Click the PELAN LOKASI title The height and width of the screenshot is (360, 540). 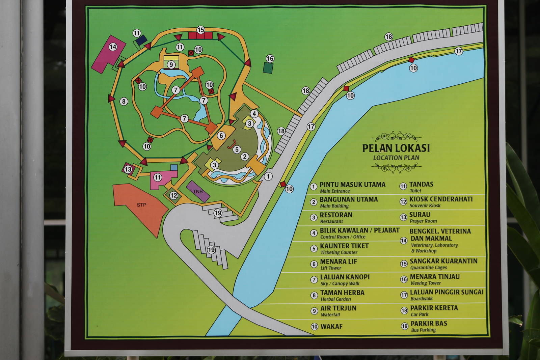pyautogui.click(x=396, y=148)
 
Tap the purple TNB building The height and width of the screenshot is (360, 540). pyautogui.click(x=198, y=191)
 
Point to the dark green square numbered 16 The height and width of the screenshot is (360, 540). pyautogui.click(x=268, y=68)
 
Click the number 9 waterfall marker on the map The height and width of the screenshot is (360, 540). pyautogui.click(x=171, y=64)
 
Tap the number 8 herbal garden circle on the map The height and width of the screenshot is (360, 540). pyautogui.click(x=124, y=101)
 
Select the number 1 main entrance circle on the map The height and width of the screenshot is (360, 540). pyautogui.click(x=268, y=176)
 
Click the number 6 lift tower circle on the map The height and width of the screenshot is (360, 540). pyautogui.click(x=221, y=136)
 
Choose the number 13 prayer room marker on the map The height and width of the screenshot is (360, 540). pyautogui.click(x=128, y=169)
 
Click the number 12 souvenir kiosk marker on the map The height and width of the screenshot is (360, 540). pyautogui.click(x=173, y=195)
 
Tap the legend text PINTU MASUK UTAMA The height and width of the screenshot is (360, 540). pyautogui.click(x=352, y=185)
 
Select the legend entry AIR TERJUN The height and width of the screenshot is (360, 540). pyautogui.click(x=338, y=308)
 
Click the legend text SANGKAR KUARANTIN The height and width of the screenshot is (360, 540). pyautogui.click(x=443, y=261)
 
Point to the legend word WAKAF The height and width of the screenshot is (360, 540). pyautogui.click(x=331, y=326)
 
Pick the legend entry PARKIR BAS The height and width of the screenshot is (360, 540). pyautogui.click(x=429, y=323)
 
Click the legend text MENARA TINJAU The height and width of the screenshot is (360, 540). pyautogui.click(x=435, y=277)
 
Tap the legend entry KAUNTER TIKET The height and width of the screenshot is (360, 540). pyautogui.click(x=344, y=246)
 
